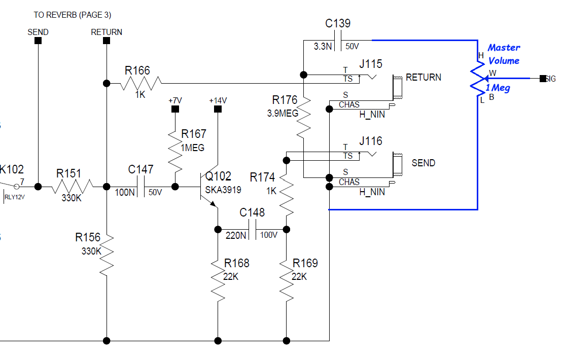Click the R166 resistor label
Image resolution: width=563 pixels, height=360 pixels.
coord(137,70)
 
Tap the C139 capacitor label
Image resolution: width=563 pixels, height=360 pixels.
coord(337,23)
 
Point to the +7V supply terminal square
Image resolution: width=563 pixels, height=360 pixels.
coord(175,110)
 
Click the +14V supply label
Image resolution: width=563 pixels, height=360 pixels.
coord(218,100)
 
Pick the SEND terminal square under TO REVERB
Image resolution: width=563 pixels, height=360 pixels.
coord(38,41)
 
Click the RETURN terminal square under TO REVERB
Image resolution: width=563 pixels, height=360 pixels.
coord(107,41)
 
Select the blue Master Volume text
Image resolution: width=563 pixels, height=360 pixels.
coord(504,54)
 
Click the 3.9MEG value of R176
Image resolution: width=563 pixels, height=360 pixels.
coord(283,114)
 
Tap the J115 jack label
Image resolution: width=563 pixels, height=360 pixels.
coord(370,64)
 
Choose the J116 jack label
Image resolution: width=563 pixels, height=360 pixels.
coord(370,141)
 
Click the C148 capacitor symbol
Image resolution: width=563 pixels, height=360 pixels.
coord(252,229)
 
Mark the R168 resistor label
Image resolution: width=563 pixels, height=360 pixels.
coord(237,263)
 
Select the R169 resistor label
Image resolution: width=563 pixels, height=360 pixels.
coord(305,263)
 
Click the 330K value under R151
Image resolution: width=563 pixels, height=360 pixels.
coord(72,198)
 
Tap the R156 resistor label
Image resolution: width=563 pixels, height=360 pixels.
coord(88,237)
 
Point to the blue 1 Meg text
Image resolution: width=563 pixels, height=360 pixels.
coord(498,88)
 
